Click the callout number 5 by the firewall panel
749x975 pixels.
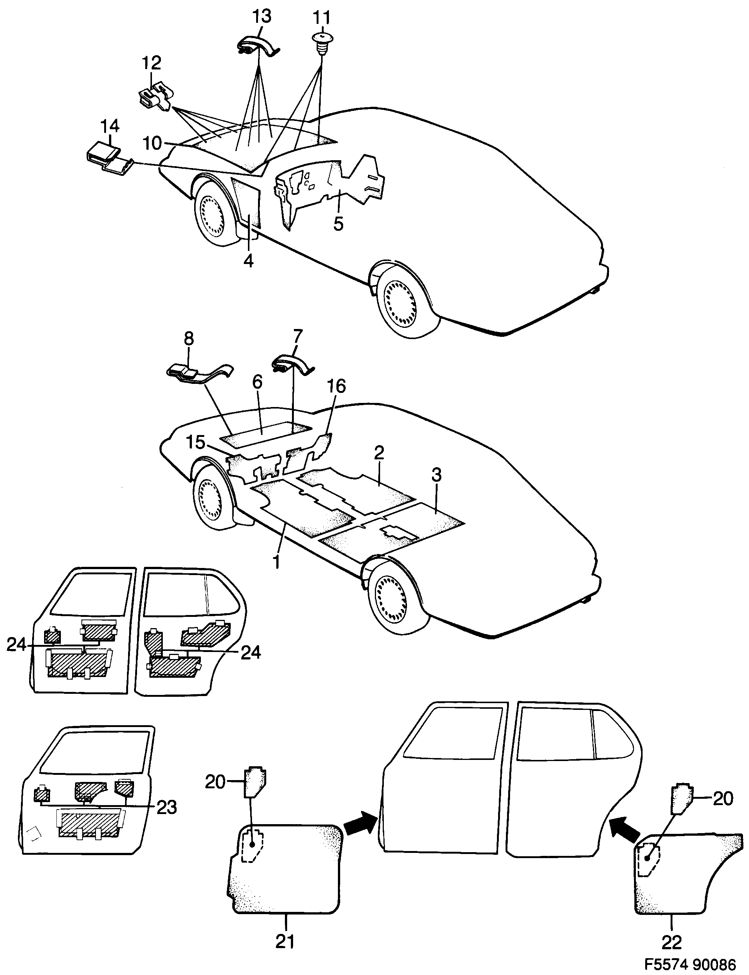pyautogui.click(x=338, y=224)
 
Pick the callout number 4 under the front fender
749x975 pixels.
pyautogui.click(x=248, y=260)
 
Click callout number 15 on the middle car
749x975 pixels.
pyautogui.click(x=195, y=443)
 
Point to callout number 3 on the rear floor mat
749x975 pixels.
pyautogui.click(x=436, y=474)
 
